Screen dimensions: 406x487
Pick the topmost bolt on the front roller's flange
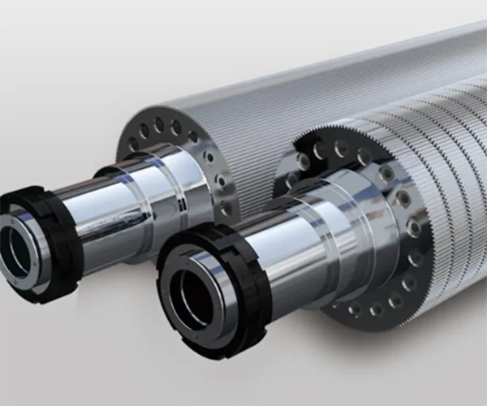coord(341,146)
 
